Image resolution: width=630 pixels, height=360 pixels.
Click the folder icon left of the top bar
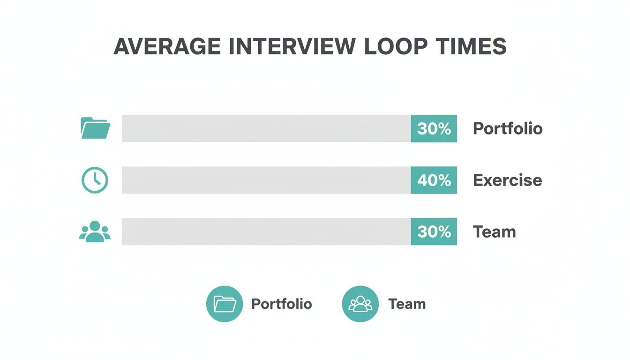click(x=96, y=128)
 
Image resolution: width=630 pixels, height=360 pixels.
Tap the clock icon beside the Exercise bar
click(x=95, y=180)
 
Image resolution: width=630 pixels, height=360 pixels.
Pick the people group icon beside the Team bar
click(x=95, y=232)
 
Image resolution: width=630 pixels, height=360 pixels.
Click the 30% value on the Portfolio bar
click(x=434, y=128)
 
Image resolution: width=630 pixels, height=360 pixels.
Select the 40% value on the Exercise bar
click(x=434, y=180)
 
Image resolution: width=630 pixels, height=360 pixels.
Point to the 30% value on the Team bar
click(x=434, y=232)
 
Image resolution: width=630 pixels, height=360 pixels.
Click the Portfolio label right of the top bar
click(x=508, y=128)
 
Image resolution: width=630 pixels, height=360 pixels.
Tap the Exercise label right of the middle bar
click(x=508, y=180)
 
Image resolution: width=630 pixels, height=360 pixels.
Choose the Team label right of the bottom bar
click(x=494, y=232)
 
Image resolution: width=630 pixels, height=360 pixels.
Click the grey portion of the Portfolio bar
click(x=266, y=128)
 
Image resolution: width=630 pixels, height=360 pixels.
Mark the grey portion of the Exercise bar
click(x=266, y=180)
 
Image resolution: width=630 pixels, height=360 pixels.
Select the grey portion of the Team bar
click(x=266, y=232)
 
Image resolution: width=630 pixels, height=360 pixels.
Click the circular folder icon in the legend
click(x=225, y=304)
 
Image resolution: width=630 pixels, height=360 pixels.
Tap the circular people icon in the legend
click(x=360, y=304)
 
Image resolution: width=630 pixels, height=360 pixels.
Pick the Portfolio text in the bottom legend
click(x=281, y=304)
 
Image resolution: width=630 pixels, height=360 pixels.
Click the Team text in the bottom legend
click(x=407, y=304)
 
